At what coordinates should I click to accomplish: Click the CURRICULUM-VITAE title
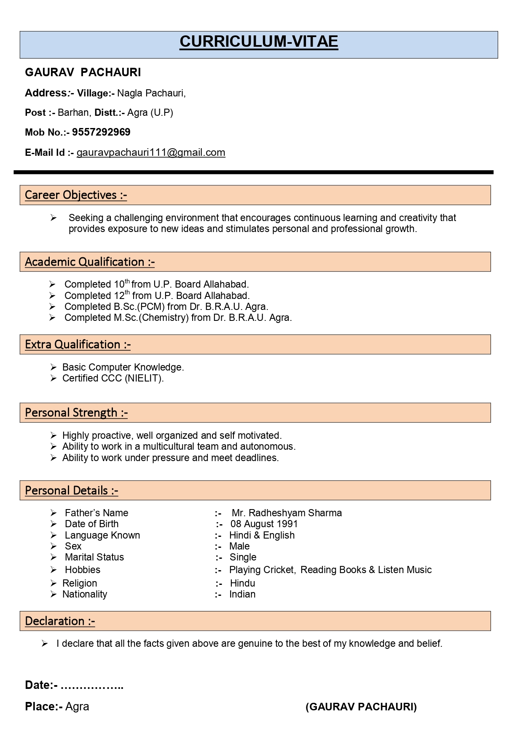[259, 42]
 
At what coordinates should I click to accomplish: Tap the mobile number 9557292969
[101, 132]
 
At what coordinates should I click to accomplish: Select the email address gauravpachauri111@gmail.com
[151, 152]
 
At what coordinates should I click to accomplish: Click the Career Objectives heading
[76, 195]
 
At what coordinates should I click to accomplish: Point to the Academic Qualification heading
[90, 262]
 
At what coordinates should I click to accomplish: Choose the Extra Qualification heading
[78, 344]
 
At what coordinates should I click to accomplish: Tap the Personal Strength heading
[76, 413]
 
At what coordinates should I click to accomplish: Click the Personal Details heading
[72, 491]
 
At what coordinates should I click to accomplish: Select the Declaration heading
[60, 621]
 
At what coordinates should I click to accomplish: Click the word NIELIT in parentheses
[144, 378]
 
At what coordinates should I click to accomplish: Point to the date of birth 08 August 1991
[264, 524]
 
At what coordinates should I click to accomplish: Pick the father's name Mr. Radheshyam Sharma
[287, 513]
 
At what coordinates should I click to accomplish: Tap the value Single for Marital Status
[243, 558]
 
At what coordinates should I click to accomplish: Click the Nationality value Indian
[242, 594]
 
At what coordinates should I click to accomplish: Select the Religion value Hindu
[242, 583]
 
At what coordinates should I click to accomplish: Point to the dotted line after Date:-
[92, 686]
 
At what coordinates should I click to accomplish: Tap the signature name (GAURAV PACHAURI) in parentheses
[361, 707]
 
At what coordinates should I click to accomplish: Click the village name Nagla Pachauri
[151, 93]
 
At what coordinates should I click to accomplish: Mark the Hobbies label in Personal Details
[83, 570]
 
